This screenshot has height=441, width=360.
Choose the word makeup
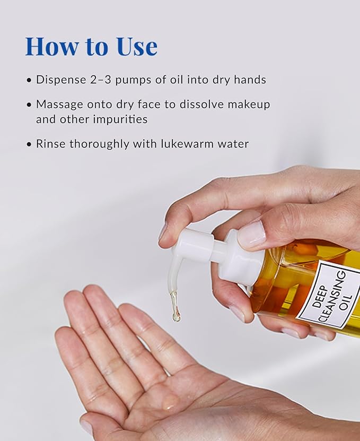249,105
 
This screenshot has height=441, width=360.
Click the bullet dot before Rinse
29,144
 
